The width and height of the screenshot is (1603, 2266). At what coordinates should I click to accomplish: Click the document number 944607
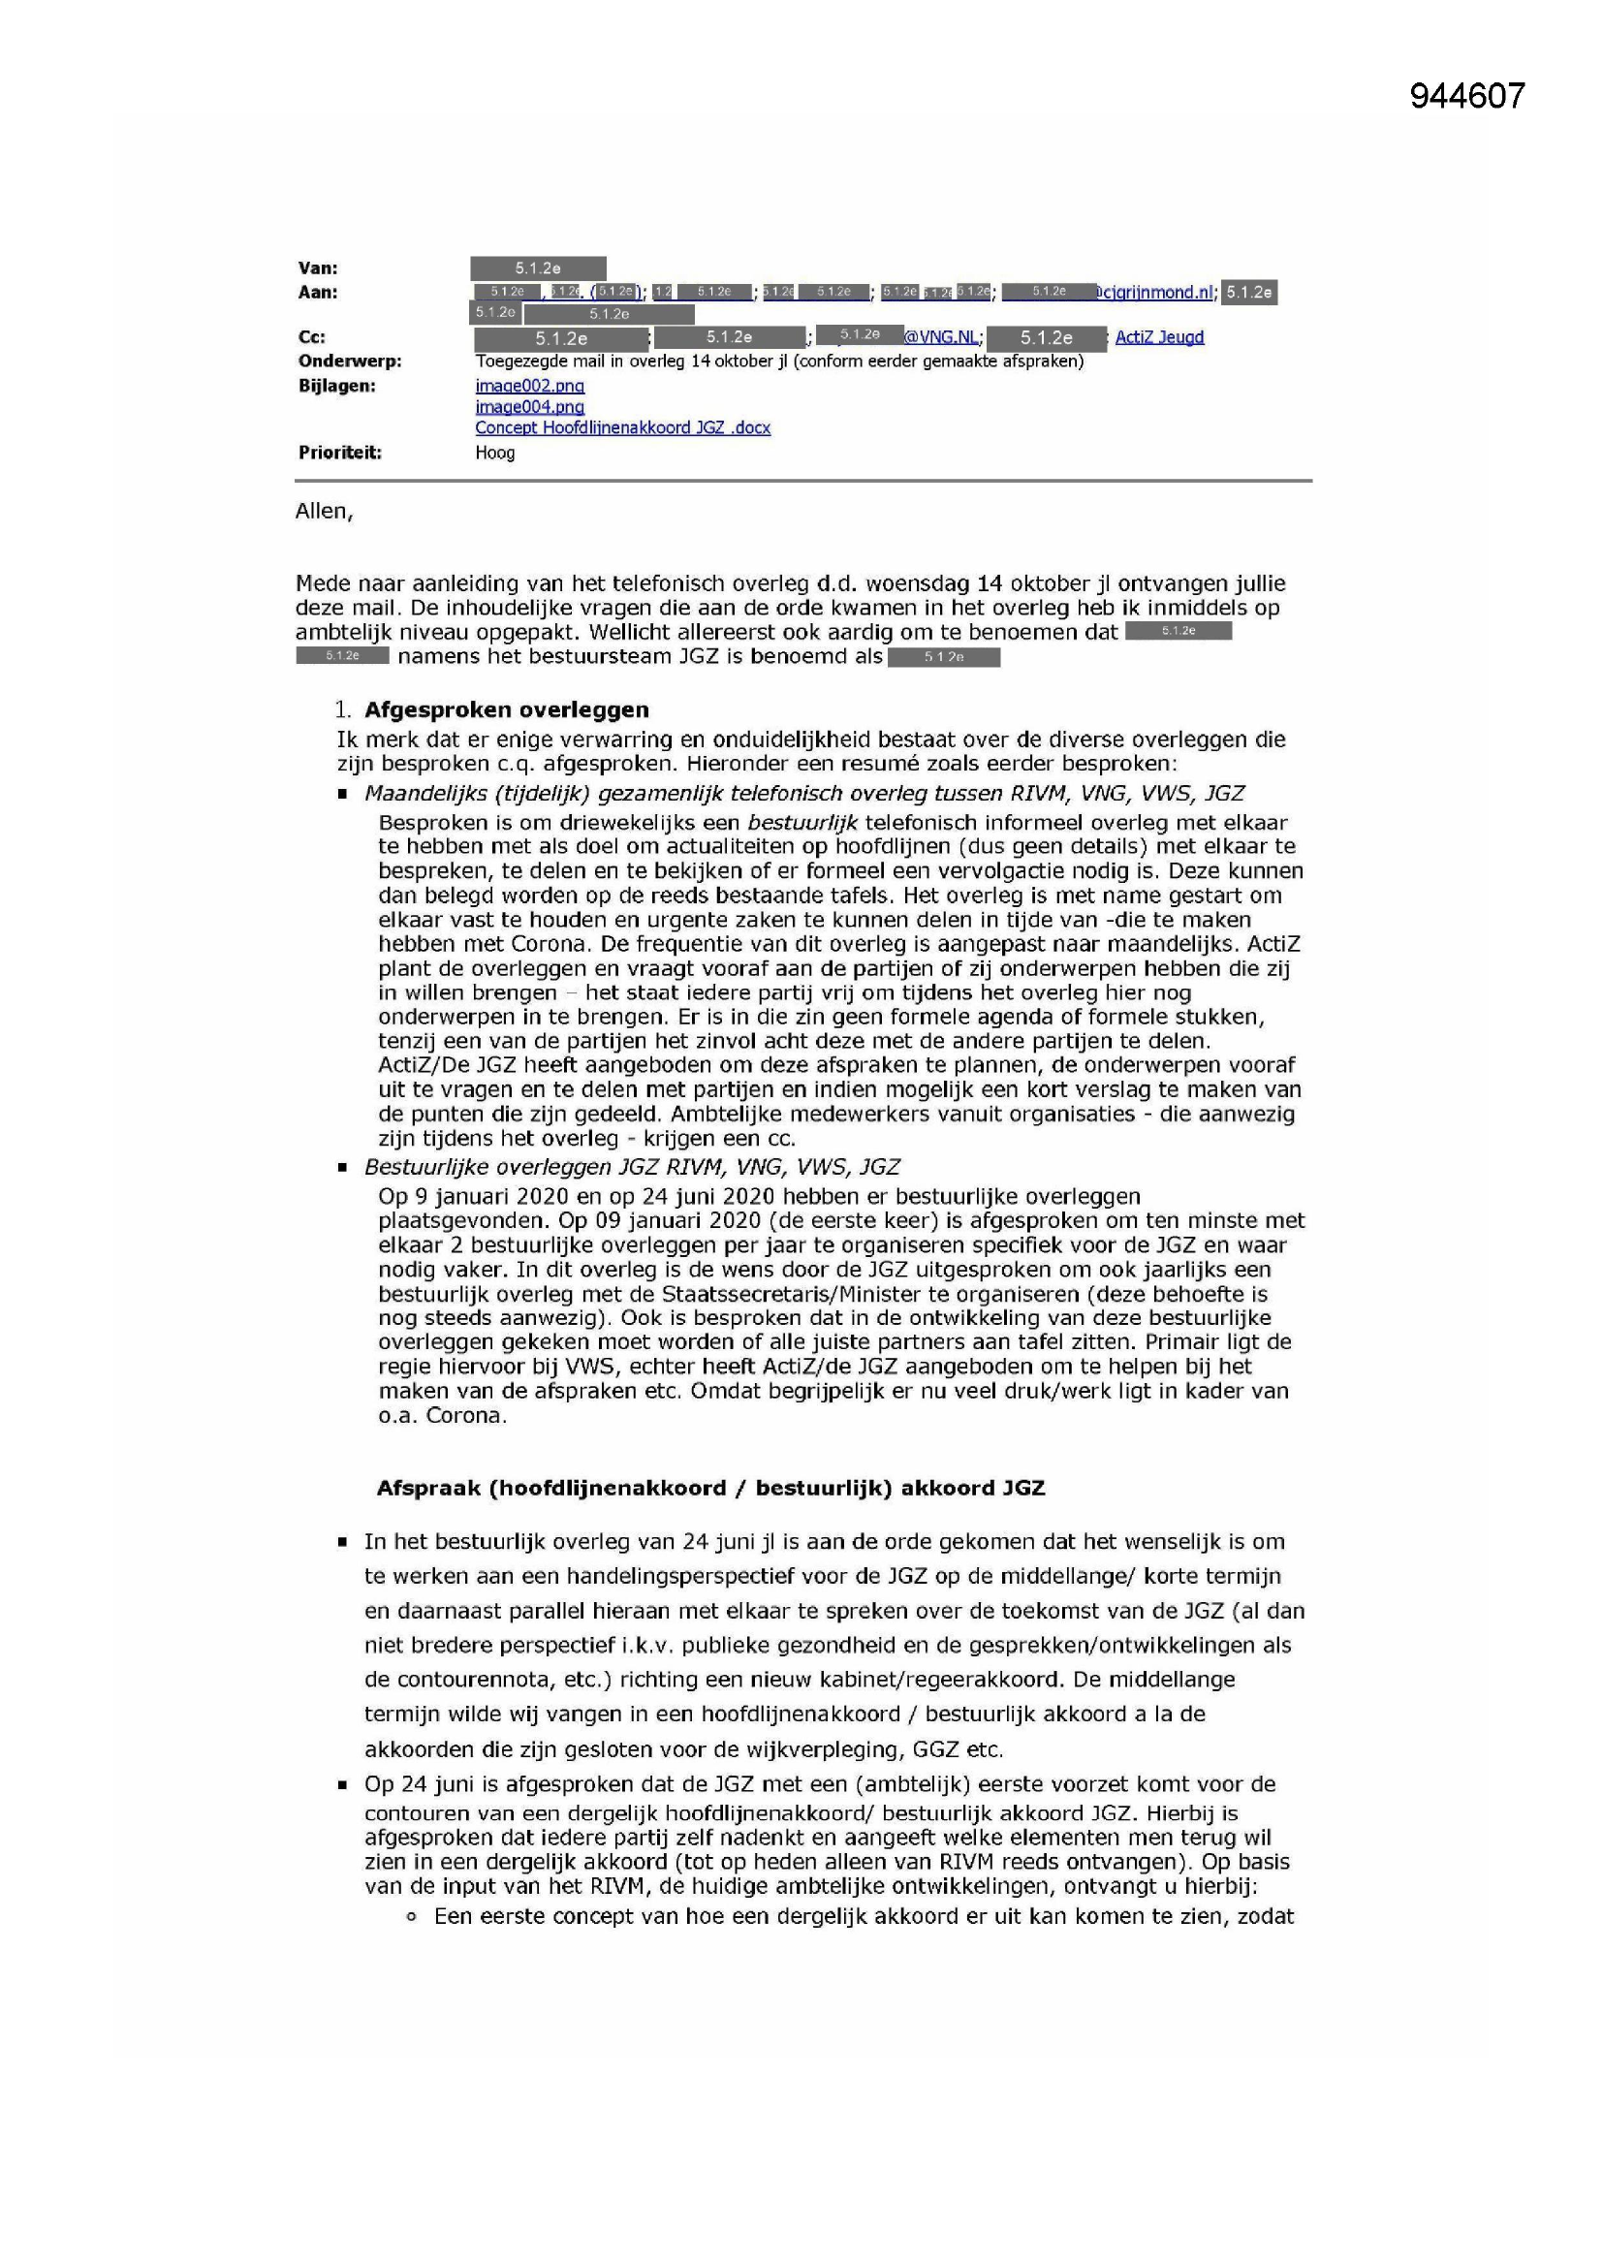click(1466, 96)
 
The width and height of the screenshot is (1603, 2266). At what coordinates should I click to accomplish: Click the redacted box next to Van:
click(538, 268)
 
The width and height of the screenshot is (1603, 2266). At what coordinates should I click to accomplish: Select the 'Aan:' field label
click(318, 292)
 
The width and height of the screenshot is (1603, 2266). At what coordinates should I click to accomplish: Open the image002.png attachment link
click(529, 386)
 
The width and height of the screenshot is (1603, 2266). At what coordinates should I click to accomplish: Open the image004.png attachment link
click(529, 407)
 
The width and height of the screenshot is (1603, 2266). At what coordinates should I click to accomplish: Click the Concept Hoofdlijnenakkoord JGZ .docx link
click(622, 427)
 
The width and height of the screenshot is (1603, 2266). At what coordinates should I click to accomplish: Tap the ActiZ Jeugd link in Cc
click(1159, 337)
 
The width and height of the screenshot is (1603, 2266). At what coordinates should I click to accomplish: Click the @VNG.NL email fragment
click(942, 337)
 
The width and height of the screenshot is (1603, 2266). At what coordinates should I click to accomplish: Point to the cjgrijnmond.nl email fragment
click(1155, 292)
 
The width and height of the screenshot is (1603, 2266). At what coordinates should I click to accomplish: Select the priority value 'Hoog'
click(494, 453)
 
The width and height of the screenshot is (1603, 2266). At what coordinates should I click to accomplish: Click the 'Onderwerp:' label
click(350, 362)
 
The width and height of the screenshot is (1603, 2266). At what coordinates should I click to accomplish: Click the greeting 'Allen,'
click(324, 511)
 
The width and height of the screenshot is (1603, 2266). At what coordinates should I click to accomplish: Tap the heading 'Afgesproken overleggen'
click(506, 709)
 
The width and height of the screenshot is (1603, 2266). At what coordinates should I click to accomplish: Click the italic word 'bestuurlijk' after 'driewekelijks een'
click(802, 822)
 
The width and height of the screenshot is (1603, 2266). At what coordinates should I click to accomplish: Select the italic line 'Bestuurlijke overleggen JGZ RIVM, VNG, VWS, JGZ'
click(632, 1167)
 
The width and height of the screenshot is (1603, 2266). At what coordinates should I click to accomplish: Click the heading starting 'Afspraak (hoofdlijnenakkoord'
click(709, 1489)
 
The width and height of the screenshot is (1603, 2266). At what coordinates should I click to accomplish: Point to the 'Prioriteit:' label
click(339, 453)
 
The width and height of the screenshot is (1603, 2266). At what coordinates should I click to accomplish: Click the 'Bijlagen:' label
click(336, 386)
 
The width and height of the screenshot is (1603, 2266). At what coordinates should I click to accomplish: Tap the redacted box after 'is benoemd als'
click(944, 657)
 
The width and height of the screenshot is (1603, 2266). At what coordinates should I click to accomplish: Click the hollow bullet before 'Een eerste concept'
click(413, 1917)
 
